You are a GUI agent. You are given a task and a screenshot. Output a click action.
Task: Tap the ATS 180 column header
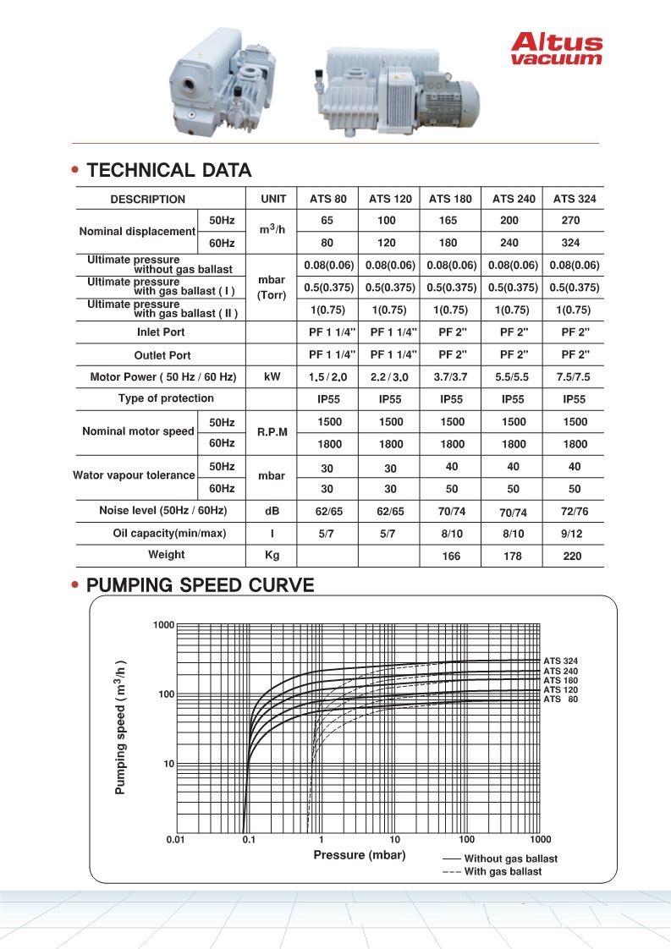point(450,200)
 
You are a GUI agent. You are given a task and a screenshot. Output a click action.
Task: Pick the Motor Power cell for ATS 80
point(327,376)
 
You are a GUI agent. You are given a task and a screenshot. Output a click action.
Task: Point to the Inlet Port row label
point(161,332)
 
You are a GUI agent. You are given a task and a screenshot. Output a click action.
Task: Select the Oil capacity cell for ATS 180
point(450,534)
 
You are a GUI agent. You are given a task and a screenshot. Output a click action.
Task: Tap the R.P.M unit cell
point(272,431)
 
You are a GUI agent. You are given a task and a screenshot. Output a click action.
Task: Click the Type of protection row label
point(166,398)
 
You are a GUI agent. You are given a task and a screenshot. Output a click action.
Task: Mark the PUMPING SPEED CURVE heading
point(201,585)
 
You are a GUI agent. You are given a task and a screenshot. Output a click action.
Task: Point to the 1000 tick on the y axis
point(162,625)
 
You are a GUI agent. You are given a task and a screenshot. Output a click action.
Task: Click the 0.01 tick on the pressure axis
point(176,840)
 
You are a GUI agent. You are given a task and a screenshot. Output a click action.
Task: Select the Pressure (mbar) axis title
point(360,855)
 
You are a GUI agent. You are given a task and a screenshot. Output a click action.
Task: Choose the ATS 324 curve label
point(560,661)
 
